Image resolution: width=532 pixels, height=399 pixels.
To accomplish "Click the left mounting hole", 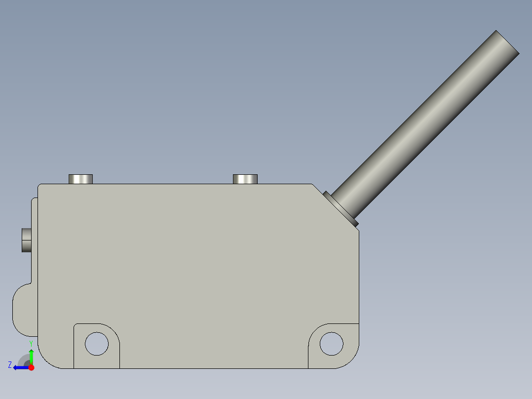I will pyautogui.click(x=97, y=343).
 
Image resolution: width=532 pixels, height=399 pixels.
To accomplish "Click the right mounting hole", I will pyautogui.click(x=331, y=343).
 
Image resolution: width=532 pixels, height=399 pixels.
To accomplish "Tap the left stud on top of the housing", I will pyautogui.click(x=80, y=179).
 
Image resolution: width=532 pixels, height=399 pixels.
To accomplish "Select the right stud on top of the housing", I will pyautogui.click(x=245, y=179).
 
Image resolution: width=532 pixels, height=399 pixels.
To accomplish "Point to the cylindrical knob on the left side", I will pyautogui.click(x=26, y=240).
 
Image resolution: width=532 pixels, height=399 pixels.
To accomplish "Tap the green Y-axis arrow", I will pyautogui.click(x=31, y=355).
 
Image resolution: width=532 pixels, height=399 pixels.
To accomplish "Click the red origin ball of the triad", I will pyautogui.click(x=31, y=367).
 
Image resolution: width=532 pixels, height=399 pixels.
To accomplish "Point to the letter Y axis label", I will pyautogui.click(x=31, y=343).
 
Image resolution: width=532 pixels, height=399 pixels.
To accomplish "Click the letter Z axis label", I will pyautogui.click(x=10, y=365).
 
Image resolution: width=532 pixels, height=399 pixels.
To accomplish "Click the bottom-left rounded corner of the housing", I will pyautogui.click(x=47, y=359).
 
